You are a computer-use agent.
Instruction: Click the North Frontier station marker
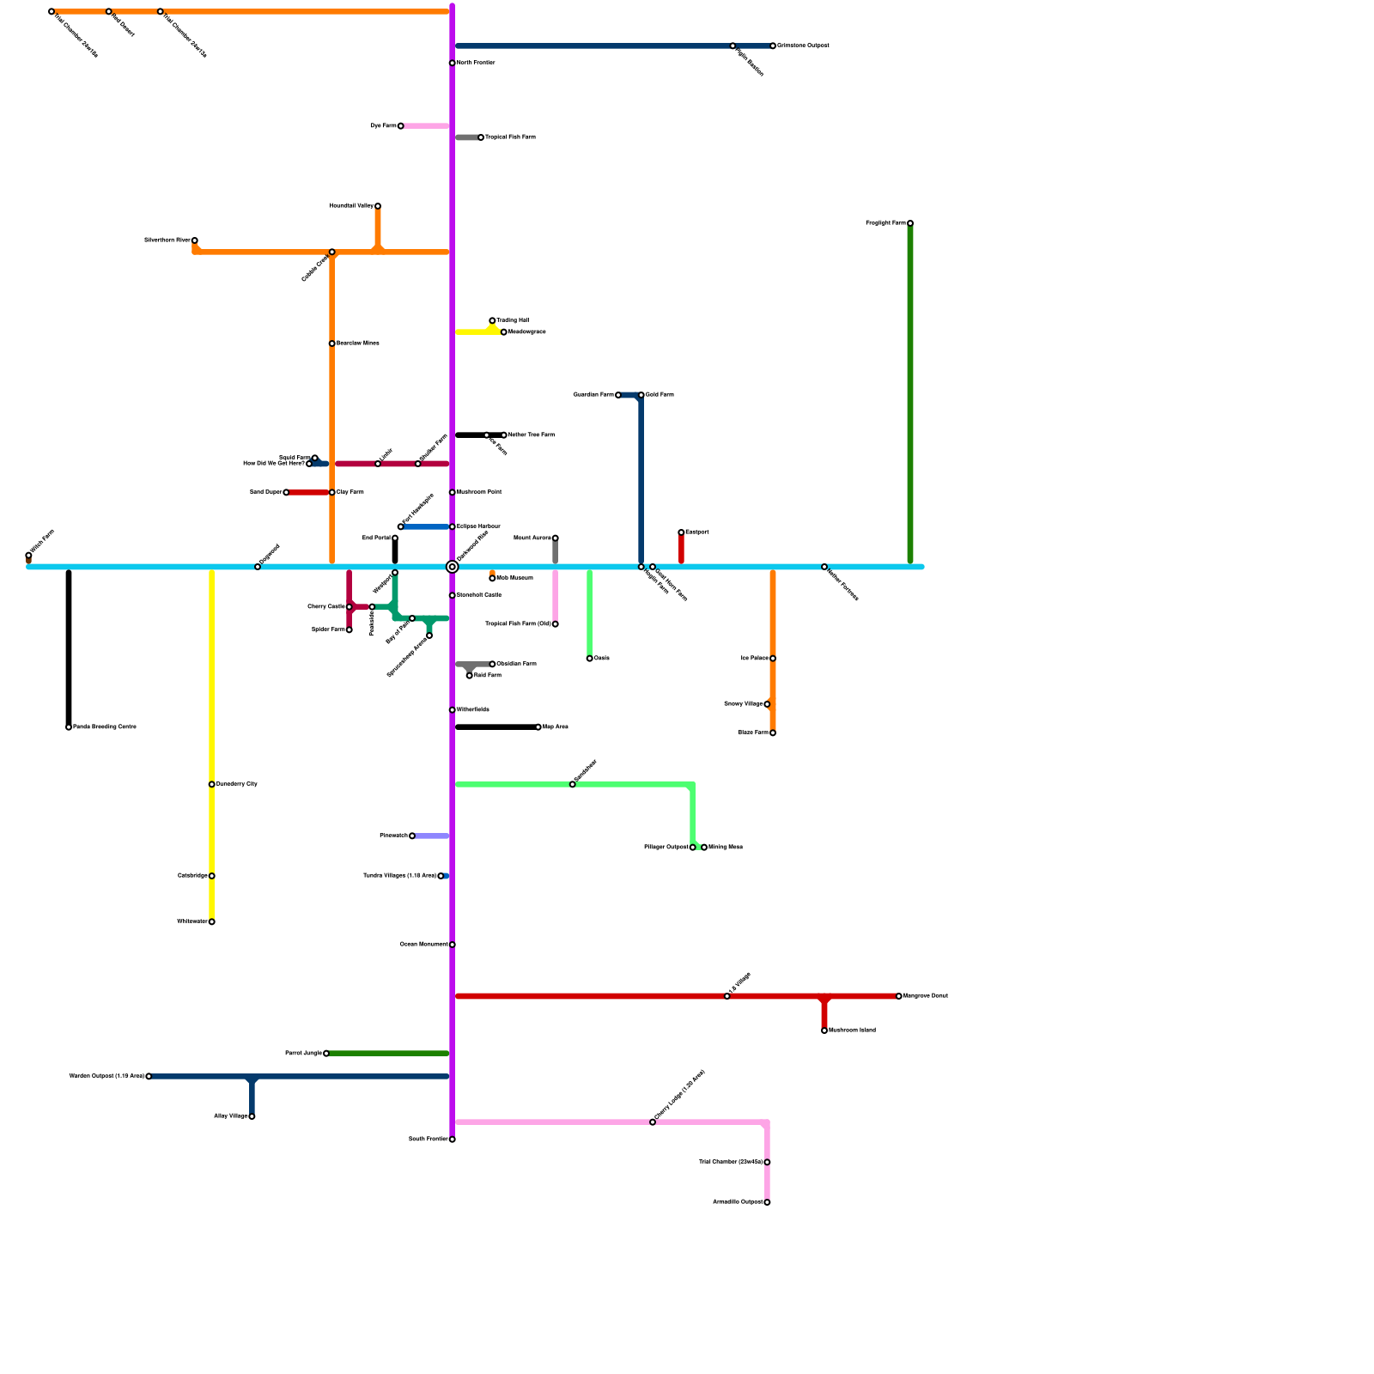(x=452, y=63)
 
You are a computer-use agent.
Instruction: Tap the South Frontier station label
(x=428, y=1139)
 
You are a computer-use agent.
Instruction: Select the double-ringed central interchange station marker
(x=452, y=567)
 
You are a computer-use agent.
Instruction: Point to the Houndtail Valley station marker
(x=377, y=206)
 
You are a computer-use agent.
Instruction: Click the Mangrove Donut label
(x=926, y=996)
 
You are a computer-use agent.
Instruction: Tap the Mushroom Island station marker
(x=824, y=1030)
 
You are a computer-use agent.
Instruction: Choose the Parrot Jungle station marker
(x=326, y=1053)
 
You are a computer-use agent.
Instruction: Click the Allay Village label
(x=230, y=1116)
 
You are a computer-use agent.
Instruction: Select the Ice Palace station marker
(x=773, y=659)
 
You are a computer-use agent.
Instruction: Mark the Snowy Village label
(x=743, y=704)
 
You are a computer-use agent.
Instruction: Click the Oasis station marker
(x=589, y=659)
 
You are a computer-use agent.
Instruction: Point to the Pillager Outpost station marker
(x=692, y=848)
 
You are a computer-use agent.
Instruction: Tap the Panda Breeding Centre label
(x=104, y=727)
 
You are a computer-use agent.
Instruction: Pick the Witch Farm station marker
(x=28, y=556)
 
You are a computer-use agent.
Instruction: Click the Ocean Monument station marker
(x=452, y=945)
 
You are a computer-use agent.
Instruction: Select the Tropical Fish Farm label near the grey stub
(x=510, y=137)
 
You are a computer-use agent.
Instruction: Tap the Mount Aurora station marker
(x=555, y=538)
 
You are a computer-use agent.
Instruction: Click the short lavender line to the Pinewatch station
(x=432, y=836)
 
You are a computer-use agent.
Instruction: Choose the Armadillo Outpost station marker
(x=767, y=1202)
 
